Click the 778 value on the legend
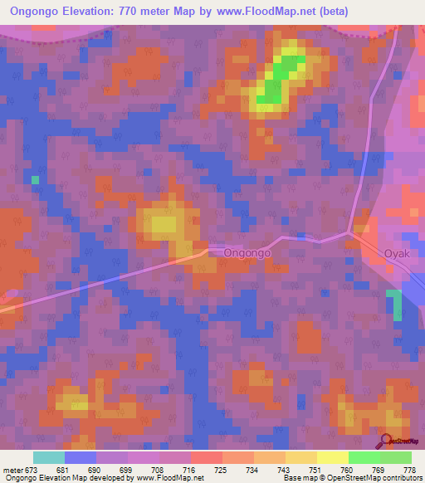pos(408,470)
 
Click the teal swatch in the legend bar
pos(49,457)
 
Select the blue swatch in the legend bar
pos(81,457)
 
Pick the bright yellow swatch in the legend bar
pos(332,457)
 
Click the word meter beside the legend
pos(13,470)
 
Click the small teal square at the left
pos(35,179)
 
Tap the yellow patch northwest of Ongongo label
pos(162,222)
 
